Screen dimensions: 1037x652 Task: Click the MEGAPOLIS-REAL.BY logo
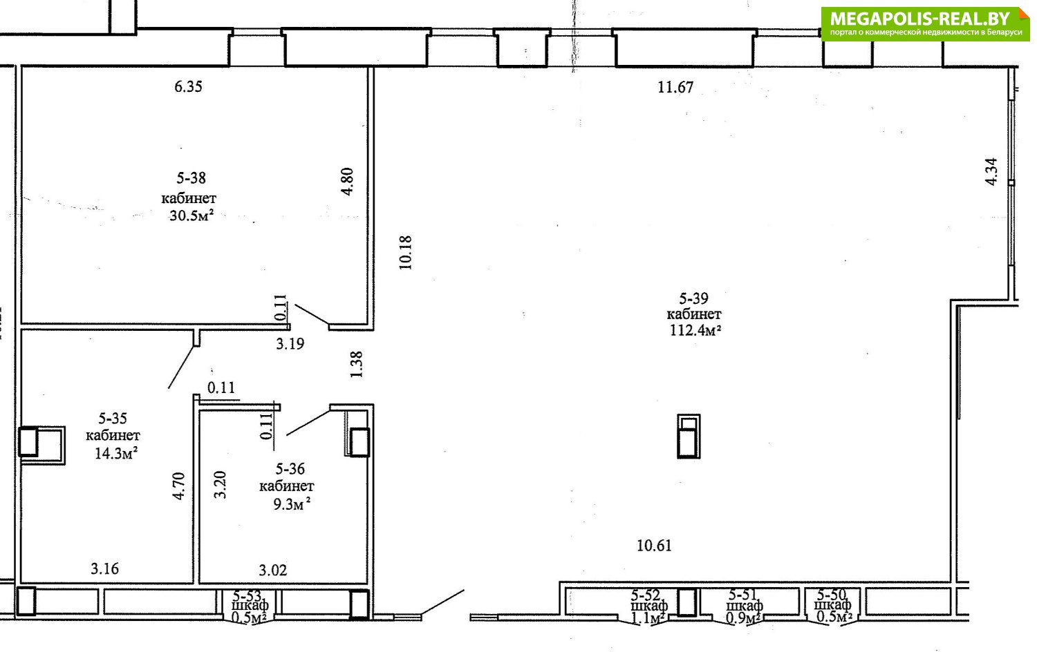(926, 23)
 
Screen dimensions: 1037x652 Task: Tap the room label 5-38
(191, 178)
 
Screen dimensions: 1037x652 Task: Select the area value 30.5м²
(191, 215)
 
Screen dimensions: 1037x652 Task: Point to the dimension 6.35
(189, 86)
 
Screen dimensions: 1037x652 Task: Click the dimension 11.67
(675, 87)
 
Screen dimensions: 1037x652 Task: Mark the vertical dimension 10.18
(405, 253)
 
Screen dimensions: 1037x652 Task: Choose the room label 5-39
(693, 298)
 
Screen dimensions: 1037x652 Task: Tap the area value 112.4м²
(695, 330)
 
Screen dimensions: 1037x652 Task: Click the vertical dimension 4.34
(991, 171)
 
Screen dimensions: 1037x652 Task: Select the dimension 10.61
(654, 546)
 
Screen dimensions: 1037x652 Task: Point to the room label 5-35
(113, 419)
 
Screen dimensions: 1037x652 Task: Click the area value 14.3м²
(116, 453)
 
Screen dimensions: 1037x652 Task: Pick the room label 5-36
(290, 469)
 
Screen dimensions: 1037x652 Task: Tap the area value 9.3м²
(291, 504)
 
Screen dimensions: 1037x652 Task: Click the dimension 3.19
(290, 344)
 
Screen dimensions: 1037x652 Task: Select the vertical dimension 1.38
(357, 365)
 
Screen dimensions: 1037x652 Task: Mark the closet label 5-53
(247, 595)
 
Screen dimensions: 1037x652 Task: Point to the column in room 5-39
(689, 436)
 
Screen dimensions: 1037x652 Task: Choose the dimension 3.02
(272, 570)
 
